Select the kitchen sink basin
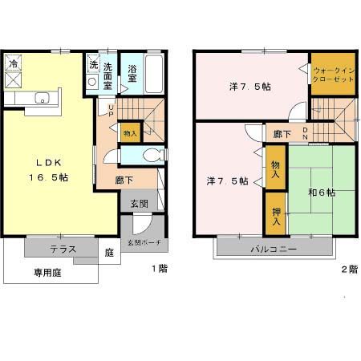43,99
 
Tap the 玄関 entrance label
140,204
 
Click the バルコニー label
272,249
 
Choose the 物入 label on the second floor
274,168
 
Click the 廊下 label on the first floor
124,180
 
